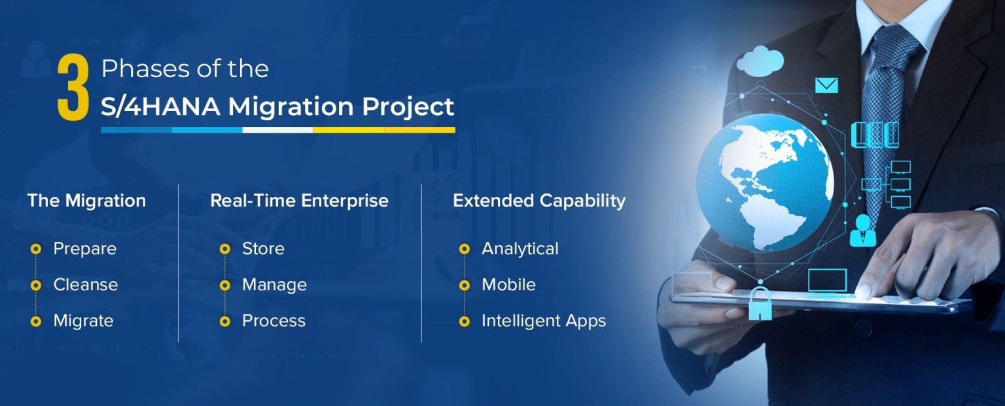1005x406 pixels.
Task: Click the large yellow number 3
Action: [73, 88]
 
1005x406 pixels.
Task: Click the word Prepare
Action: [85, 248]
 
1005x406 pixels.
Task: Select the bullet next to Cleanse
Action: [36, 285]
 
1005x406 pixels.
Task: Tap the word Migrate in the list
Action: [84, 321]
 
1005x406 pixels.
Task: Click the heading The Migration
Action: [86, 200]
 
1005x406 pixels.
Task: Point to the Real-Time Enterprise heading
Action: [299, 200]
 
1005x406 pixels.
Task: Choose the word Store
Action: [264, 248]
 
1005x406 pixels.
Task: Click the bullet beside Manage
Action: [225, 285]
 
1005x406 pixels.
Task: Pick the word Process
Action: [273, 321]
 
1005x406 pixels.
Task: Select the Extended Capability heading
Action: [539, 201]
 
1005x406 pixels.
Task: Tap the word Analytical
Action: [520, 248]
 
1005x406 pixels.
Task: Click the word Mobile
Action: [509, 285]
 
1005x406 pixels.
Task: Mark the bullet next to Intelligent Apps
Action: [465, 321]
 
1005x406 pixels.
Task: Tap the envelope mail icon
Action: [826, 85]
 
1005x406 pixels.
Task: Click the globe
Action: [764, 182]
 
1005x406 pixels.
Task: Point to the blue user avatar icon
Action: [863, 230]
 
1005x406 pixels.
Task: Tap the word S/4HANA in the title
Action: [160, 107]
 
